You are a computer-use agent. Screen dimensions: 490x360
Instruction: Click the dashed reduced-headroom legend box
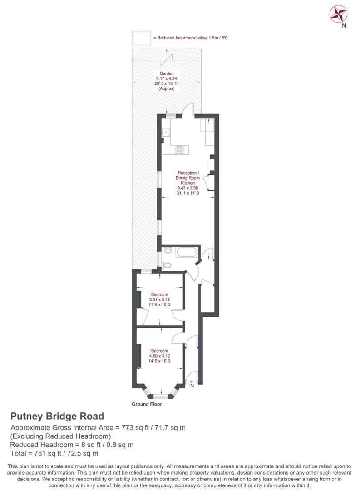coord(141,38)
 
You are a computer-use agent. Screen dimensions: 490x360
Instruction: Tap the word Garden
coord(166,73)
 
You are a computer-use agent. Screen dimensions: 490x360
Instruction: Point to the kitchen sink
coord(167,133)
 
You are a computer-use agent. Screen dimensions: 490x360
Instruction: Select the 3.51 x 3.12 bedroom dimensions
coord(160,299)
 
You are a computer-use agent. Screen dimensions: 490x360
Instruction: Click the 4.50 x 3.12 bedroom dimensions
coord(160,356)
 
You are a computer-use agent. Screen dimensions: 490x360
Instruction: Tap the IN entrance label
coord(191,386)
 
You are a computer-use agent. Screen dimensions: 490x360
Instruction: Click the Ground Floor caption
coord(147,404)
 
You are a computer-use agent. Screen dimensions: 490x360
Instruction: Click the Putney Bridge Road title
coord(57,416)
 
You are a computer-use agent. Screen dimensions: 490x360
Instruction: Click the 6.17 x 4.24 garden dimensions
coord(166,78)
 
